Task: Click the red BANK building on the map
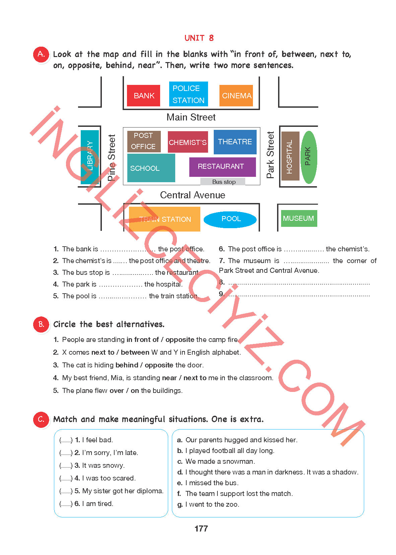(x=143, y=96)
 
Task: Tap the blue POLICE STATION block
(x=188, y=94)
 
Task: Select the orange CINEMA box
(x=236, y=96)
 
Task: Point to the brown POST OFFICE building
(x=144, y=141)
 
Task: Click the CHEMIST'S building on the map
(x=188, y=142)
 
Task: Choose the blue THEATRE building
(x=235, y=142)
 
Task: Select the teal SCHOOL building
(x=151, y=168)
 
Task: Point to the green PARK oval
(x=309, y=157)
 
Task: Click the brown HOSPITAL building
(x=290, y=156)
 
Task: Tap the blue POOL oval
(x=230, y=219)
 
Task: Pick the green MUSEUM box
(x=299, y=218)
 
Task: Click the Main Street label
(x=191, y=117)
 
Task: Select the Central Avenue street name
(x=193, y=195)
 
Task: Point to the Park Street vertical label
(x=270, y=155)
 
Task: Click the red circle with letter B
(x=41, y=324)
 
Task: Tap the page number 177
(x=201, y=528)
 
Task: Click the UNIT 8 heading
(x=199, y=38)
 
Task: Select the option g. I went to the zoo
(x=208, y=504)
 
